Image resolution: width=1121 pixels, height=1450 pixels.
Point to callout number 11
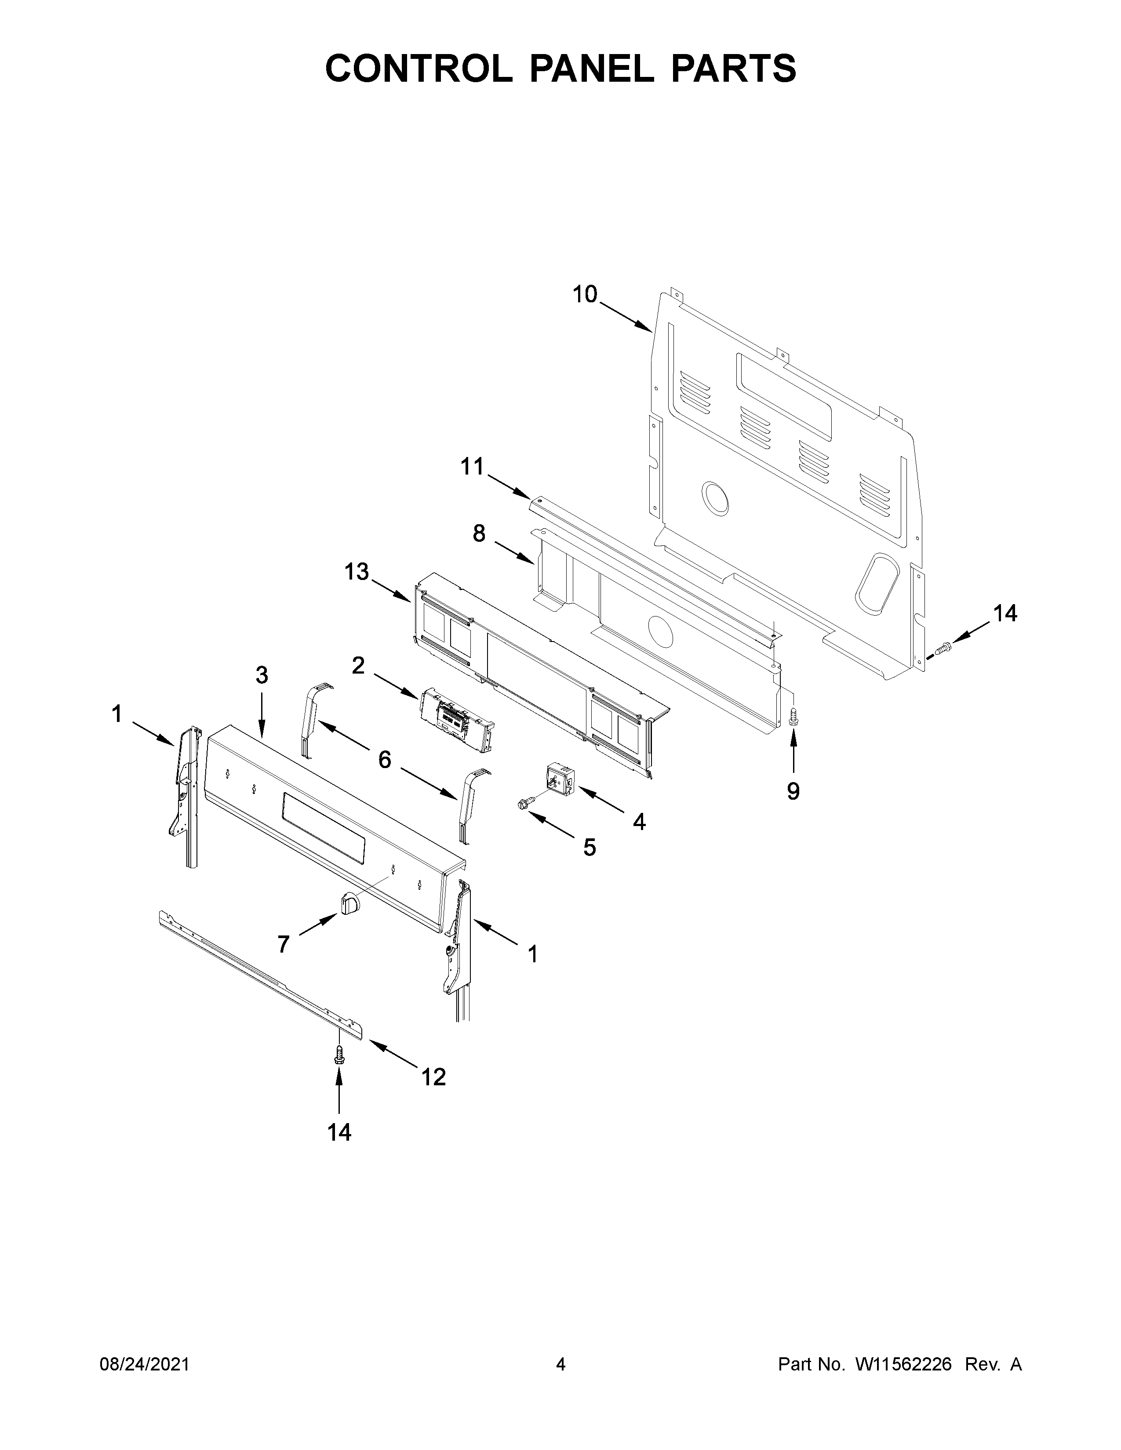[473, 467]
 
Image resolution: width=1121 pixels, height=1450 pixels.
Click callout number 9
[793, 791]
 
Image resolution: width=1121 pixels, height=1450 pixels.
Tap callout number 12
[433, 1076]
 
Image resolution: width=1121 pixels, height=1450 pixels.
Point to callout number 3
[262, 675]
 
